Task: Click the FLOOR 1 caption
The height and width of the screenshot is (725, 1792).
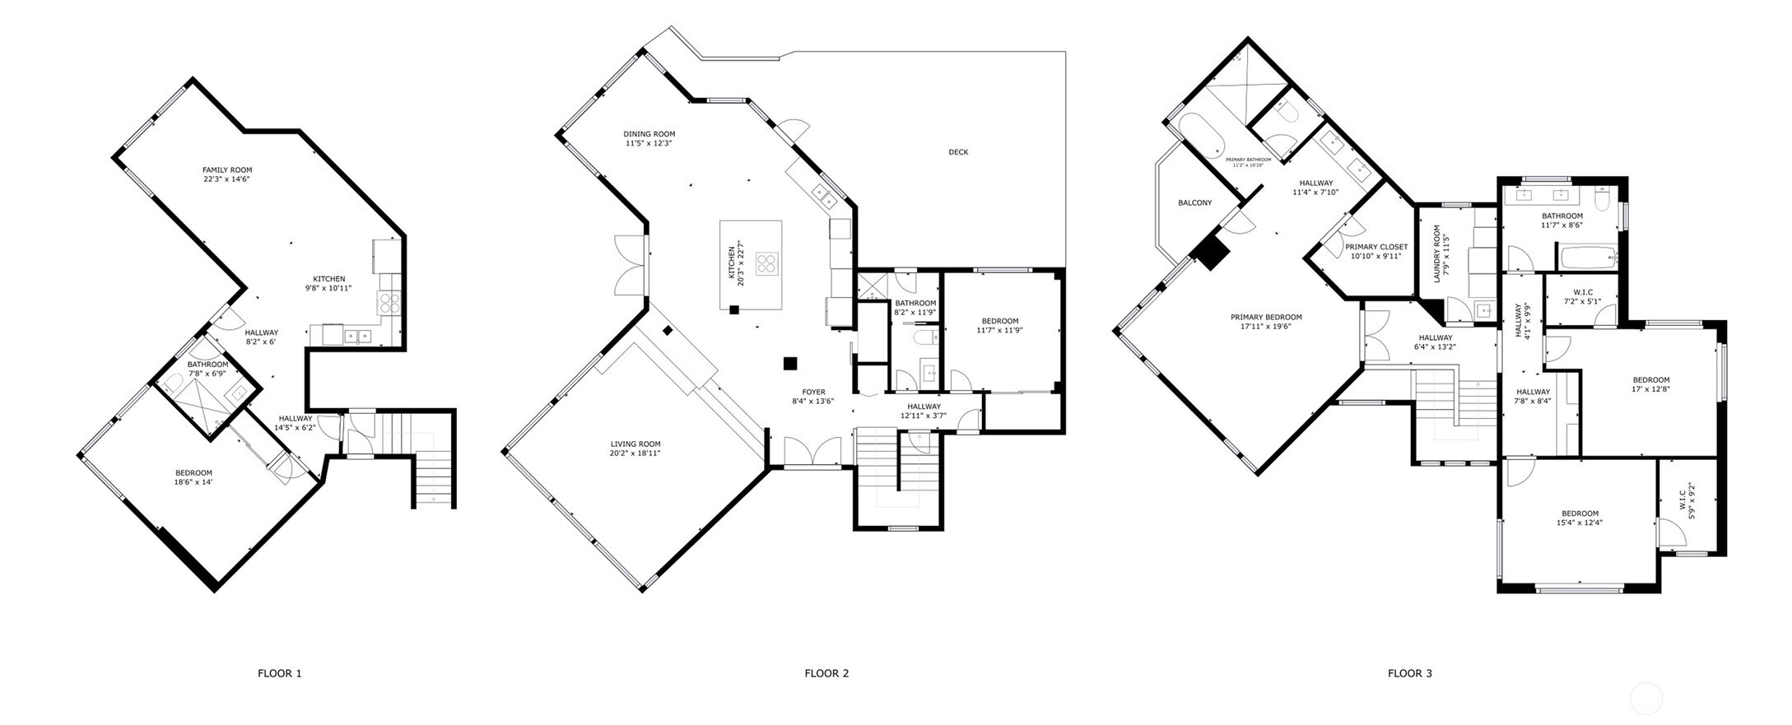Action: (280, 673)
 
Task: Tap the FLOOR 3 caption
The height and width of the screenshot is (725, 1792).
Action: (1410, 673)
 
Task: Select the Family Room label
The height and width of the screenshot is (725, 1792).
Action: (227, 170)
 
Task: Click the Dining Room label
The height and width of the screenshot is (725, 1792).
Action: (649, 134)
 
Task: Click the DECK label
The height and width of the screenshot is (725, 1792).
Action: (958, 152)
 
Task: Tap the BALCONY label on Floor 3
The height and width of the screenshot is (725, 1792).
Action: (1194, 202)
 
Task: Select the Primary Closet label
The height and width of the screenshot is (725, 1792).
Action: (1376, 247)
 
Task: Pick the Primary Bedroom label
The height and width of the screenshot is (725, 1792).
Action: (1266, 318)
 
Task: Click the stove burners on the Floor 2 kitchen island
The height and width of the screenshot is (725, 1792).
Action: (766, 264)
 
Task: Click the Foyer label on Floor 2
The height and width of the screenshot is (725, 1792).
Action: (813, 393)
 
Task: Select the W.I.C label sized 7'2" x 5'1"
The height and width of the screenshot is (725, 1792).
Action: (1582, 292)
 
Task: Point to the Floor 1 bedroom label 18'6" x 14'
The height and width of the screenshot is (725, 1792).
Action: (193, 473)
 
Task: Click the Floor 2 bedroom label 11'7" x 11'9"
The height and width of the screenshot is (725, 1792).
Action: (1000, 321)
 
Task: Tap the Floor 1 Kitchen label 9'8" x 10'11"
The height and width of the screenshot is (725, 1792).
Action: (328, 279)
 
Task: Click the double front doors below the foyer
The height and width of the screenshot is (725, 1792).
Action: (812, 451)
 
